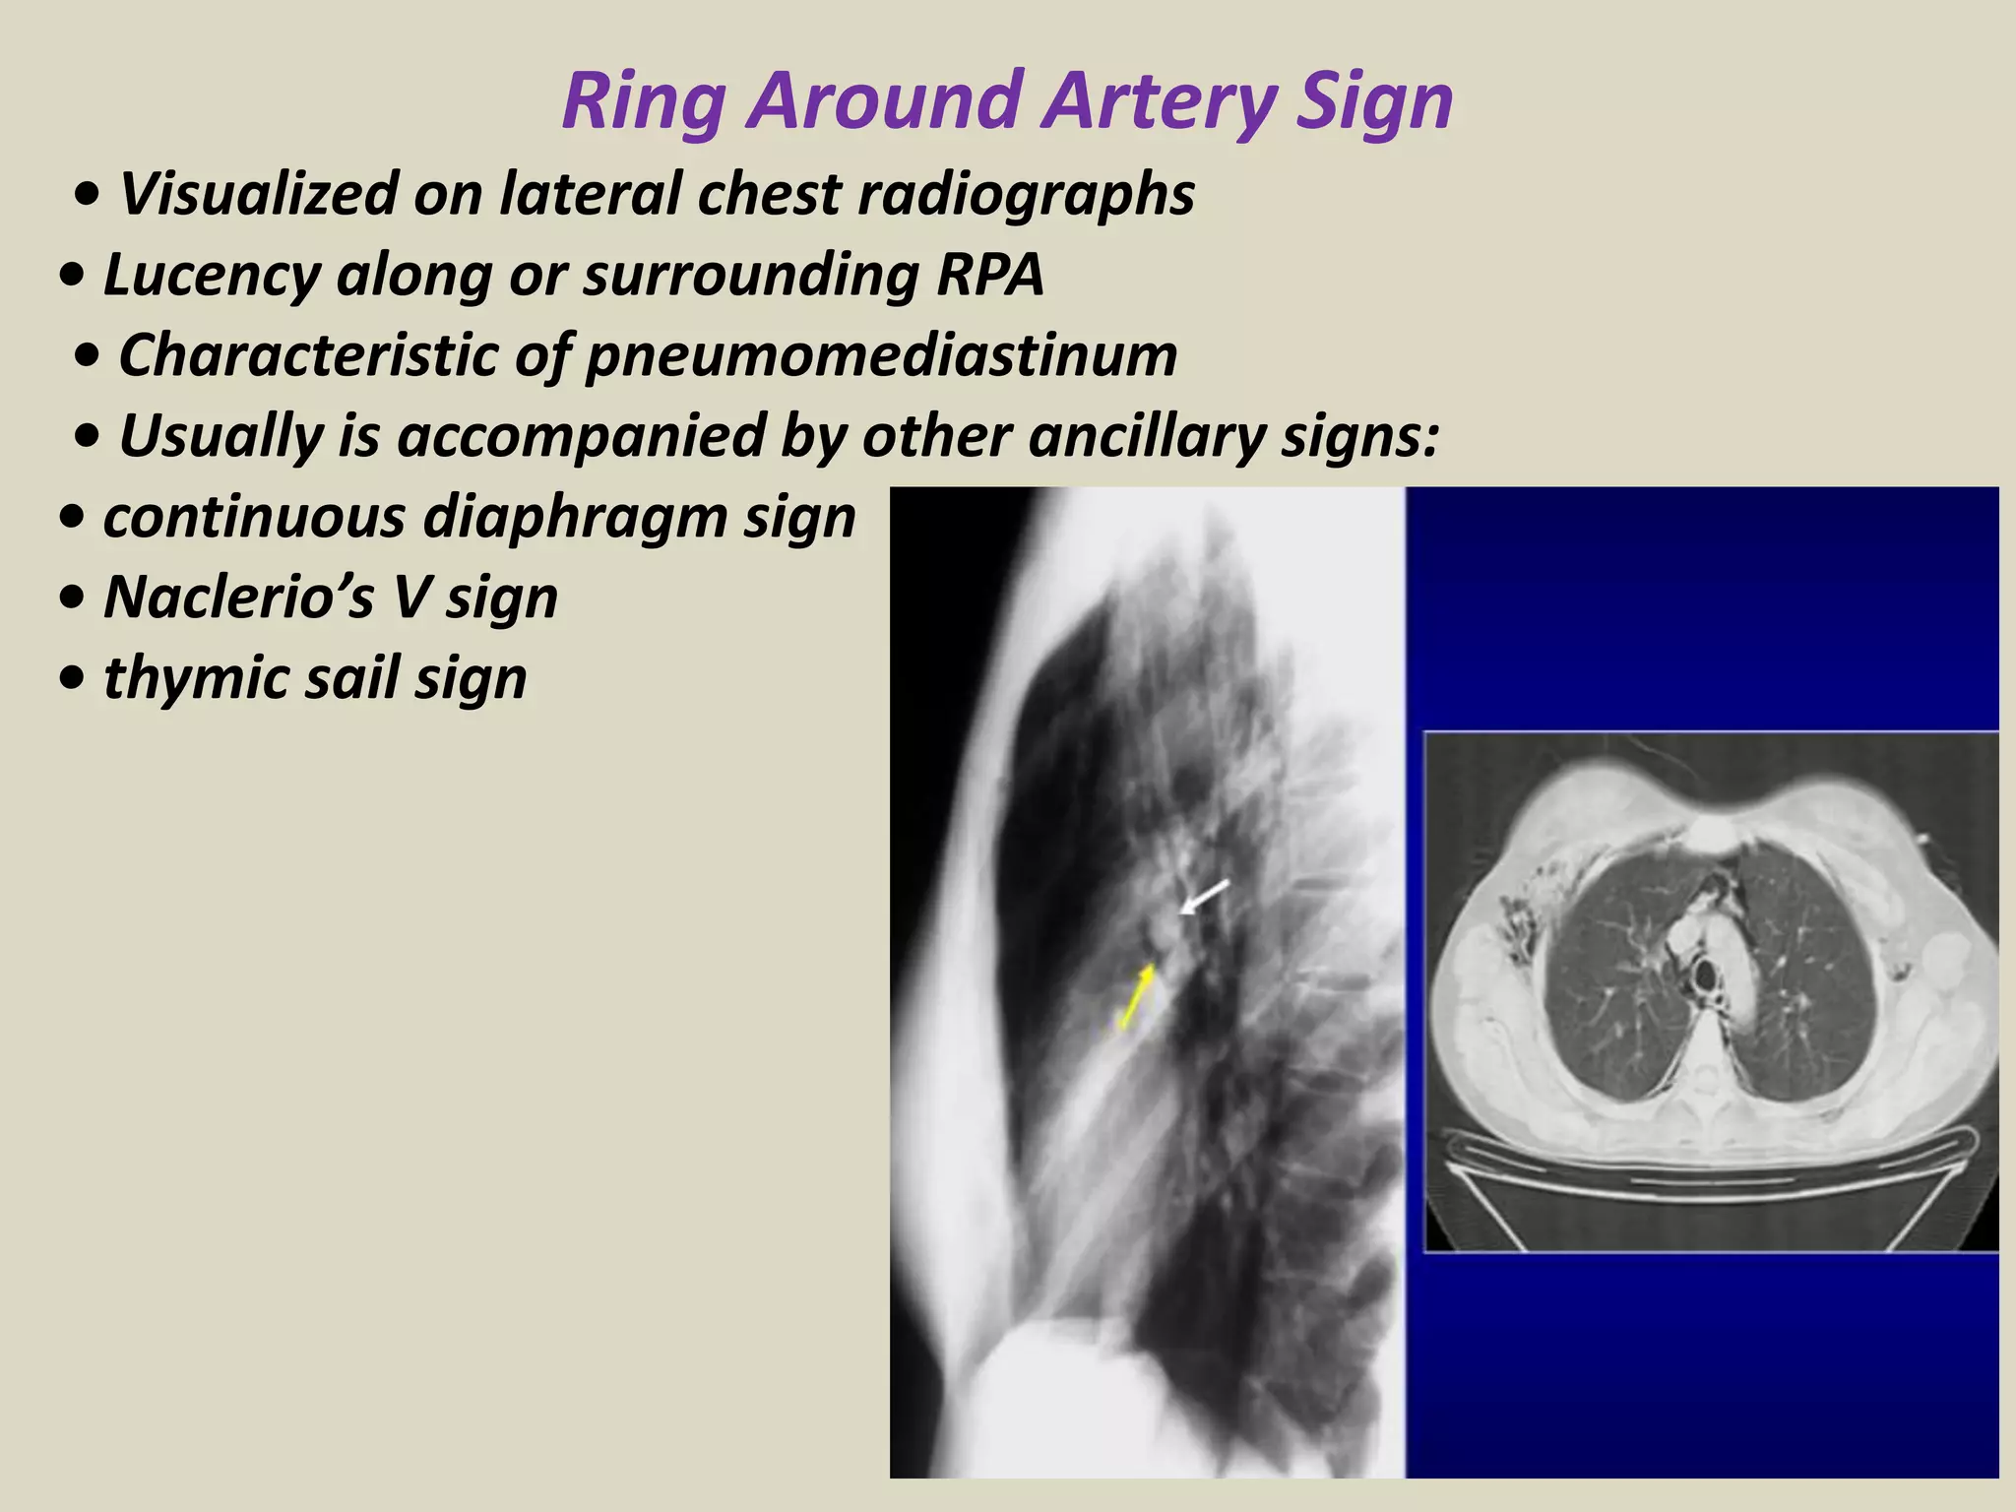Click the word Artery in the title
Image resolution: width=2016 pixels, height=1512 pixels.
click(1160, 101)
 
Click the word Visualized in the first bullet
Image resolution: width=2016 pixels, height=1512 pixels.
click(257, 194)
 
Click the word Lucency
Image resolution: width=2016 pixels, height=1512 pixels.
click(212, 275)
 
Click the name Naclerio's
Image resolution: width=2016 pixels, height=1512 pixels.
click(237, 598)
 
